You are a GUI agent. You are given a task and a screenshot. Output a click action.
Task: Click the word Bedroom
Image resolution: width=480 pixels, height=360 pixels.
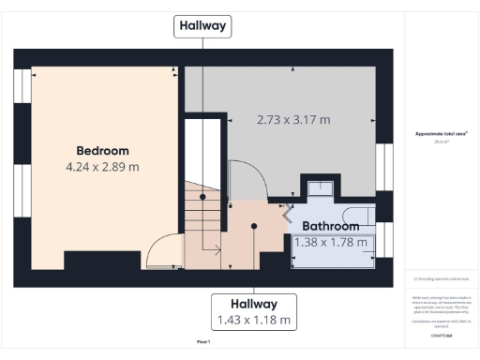point(102,150)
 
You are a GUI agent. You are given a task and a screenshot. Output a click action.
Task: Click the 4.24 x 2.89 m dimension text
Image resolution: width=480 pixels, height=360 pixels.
point(102,167)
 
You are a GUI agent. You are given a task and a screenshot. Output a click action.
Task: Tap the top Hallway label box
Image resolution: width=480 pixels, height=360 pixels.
point(202,26)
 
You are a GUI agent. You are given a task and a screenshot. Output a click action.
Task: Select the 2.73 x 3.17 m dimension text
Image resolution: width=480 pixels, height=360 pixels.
point(293,120)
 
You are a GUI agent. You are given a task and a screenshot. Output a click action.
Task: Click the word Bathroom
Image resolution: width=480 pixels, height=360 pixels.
point(330,227)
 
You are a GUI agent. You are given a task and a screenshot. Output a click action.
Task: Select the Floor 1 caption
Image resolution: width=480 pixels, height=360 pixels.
point(202,343)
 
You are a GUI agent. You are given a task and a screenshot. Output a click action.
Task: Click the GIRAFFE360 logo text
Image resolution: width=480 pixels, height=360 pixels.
point(441,335)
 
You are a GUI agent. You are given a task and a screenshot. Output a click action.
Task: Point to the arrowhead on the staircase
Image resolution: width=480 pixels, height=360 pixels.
point(218,249)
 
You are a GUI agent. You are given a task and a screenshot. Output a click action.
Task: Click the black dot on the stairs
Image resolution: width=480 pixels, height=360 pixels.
point(202,198)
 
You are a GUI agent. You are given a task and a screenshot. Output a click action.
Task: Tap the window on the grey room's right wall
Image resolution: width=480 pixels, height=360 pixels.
point(383,163)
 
